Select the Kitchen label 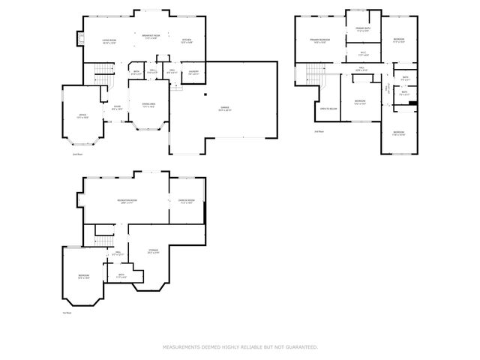187,40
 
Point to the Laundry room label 193,73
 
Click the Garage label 225,109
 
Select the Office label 82,115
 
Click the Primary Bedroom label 320,41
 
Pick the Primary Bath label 363,29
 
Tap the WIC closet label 363,54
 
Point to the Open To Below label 328,109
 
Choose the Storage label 153,251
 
